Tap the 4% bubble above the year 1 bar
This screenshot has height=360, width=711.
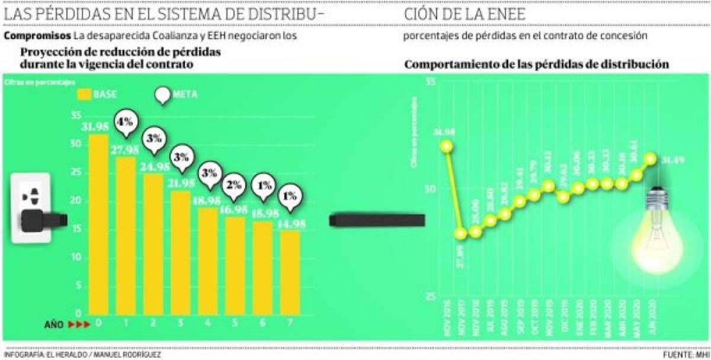click(x=126, y=123)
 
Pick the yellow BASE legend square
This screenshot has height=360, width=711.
click(x=85, y=94)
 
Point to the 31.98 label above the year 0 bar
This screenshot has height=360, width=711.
click(x=98, y=127)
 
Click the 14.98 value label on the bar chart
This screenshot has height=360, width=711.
click(x=290, y=223)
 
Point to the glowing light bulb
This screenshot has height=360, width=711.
click(x=656, y=237)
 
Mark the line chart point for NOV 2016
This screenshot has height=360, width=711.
click(x=447, y=146)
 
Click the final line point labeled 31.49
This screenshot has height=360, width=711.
click(x=651, y=159)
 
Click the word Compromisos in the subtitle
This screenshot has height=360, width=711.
click(x=37, y=36)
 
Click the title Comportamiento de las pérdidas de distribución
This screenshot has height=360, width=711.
click(x=537, y=64)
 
